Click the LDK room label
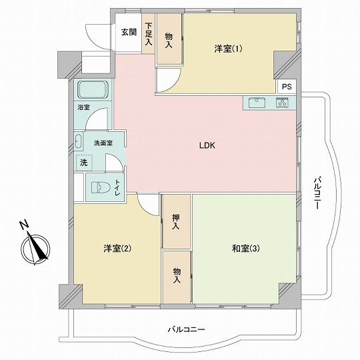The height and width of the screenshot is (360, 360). (207, 146)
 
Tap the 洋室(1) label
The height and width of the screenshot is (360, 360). (229, 48)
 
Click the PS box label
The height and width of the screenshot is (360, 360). (286, 87)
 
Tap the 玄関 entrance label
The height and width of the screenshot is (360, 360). (129, 32)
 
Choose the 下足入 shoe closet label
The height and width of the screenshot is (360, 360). (148, 33)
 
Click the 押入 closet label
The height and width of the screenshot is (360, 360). (175, 222)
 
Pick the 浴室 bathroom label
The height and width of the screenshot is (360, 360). (83, 107)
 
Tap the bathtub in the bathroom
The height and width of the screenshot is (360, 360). (93, 89)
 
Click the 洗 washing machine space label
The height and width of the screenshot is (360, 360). (84, 162)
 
